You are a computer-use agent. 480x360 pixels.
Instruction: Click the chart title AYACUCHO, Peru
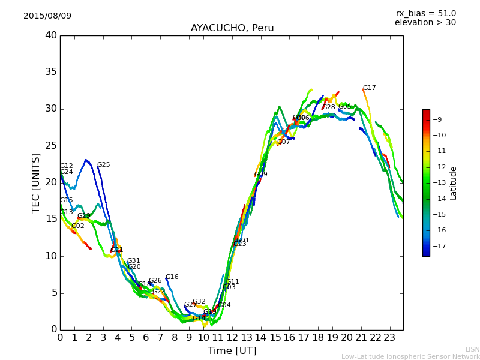coord(232,28)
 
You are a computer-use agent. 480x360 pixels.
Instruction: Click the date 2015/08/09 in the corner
coord(47,16)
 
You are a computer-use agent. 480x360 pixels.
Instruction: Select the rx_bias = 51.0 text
coord(425,13)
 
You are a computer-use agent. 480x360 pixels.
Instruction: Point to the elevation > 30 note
coord(425,23)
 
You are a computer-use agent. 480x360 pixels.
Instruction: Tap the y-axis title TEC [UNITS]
coord(37,183)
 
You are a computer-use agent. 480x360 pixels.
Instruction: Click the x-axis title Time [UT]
coord(232,351)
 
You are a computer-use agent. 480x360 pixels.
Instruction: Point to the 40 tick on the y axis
coord(51,35)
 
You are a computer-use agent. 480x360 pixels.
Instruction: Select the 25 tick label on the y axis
coord(51,146)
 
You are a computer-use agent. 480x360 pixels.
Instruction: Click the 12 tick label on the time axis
coord(232,338)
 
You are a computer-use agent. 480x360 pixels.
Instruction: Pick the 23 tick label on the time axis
coord(389,338)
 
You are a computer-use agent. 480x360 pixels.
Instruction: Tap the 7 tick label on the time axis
coord(160,338)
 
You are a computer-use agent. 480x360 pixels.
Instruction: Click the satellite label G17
coord(370,88)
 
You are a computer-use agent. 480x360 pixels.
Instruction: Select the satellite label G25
coord(104,165)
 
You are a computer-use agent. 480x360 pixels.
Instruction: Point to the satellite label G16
coord(172,277)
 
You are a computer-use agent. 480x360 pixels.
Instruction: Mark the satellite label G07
coord(283,142)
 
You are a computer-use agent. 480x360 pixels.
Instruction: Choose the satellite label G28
coord(329,107)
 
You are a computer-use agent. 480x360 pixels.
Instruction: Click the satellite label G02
coord(78,226)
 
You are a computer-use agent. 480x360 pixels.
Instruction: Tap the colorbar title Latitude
coord(454,183)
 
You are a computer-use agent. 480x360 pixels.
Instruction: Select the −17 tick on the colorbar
coord(439,246)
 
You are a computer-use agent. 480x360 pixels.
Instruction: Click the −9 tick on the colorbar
coord(439,119)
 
